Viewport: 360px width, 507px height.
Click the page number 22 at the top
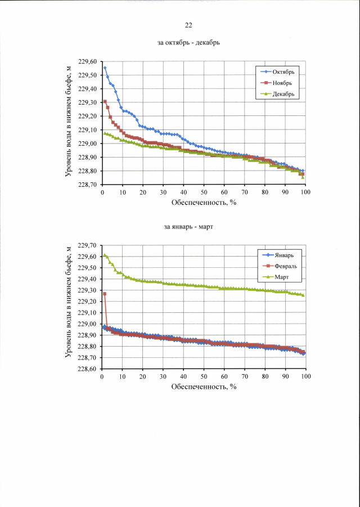pos(188,25)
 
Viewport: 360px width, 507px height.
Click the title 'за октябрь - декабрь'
pos(188,43)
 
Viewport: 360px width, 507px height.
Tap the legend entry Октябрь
pos(283,72)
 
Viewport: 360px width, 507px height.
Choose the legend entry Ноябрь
pos(282,83)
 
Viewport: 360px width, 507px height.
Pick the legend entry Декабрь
pos(283,94)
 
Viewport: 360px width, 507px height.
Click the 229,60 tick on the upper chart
pos(88,62)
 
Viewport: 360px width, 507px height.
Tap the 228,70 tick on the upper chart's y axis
pos(88,185)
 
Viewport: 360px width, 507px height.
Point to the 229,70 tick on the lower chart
pos(88,246)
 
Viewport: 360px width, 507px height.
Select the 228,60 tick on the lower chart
pos(88,369)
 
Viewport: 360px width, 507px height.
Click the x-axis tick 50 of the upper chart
pos(204,193)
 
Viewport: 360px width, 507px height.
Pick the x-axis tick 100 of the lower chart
pos(305,378)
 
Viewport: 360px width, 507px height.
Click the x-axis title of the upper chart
pos(203,203)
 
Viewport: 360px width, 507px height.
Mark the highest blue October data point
pos(105,68)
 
